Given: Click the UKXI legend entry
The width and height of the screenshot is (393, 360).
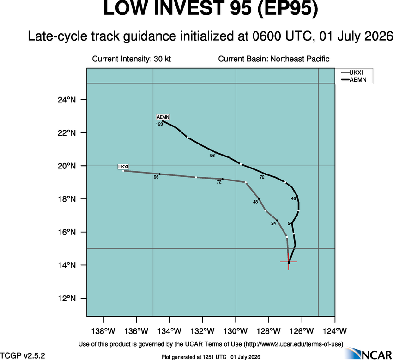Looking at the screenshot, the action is tap(352, 72).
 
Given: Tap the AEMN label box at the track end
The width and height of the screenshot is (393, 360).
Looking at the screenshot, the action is tap(163, 117).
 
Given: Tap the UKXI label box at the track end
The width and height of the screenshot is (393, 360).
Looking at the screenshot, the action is tap(123, 167).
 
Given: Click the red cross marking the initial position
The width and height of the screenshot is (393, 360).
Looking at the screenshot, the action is tap(289, 262).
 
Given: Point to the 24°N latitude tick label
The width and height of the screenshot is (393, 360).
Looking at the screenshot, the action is tap(67, 100).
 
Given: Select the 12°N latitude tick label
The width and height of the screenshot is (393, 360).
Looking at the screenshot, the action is tap(67, 298).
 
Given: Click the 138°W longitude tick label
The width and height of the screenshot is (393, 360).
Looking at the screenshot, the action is tap(103, 331).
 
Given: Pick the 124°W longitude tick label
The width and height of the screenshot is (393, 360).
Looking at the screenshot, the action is tap(335, 331).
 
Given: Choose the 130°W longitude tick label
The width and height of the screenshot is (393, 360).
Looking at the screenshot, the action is tap(236, 331).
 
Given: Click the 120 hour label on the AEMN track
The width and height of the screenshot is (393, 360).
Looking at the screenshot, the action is tap(159, 124).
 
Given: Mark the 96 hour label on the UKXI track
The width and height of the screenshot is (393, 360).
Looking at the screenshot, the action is tap(156, 177).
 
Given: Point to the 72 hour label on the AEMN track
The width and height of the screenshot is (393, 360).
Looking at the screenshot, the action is tap(262, 177).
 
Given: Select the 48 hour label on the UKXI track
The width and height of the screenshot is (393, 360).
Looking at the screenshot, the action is tap(255, 202).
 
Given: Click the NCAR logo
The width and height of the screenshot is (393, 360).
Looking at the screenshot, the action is tap(369, 353).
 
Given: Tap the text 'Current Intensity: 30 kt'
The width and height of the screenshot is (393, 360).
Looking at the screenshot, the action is tap(132, 59).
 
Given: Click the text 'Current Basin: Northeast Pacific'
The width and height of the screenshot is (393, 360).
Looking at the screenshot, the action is tap(274, 59).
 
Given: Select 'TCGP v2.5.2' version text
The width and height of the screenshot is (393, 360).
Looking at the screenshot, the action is tap(23, 355).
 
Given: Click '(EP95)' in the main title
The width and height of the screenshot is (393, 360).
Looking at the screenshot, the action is tap(288, 9).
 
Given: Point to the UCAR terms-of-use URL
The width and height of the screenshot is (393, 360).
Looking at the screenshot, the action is tap(293, 344).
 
